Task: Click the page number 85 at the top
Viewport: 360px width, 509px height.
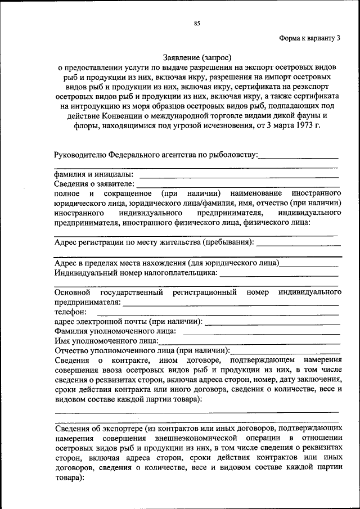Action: [x=197, y=23]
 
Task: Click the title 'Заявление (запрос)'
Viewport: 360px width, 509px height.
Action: [x=197, y=57]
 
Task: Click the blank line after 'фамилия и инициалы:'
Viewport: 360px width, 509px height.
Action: [x=236, y=176]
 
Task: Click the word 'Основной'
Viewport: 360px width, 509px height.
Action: [x=73, y=292]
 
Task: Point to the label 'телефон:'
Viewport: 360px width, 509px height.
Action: [x=70, y=312]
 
